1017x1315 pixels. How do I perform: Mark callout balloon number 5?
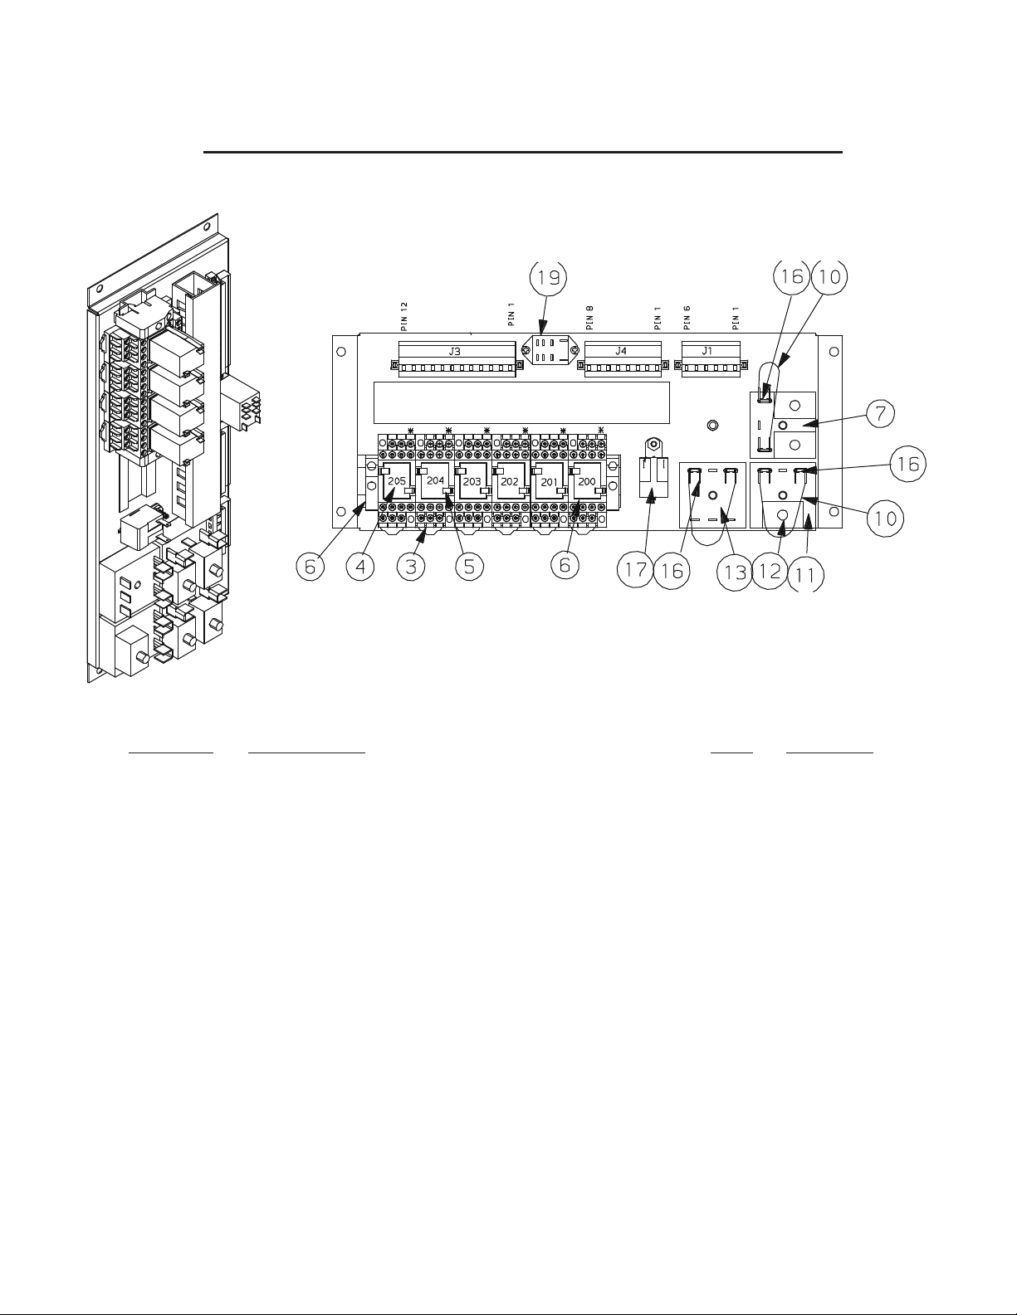tap(469, 568)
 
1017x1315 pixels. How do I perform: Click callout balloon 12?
tap(770, 572)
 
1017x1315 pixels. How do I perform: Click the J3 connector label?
tap(455, 351)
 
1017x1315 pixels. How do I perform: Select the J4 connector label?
tap(622, 351)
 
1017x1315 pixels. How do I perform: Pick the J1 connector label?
tap(707, 351)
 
